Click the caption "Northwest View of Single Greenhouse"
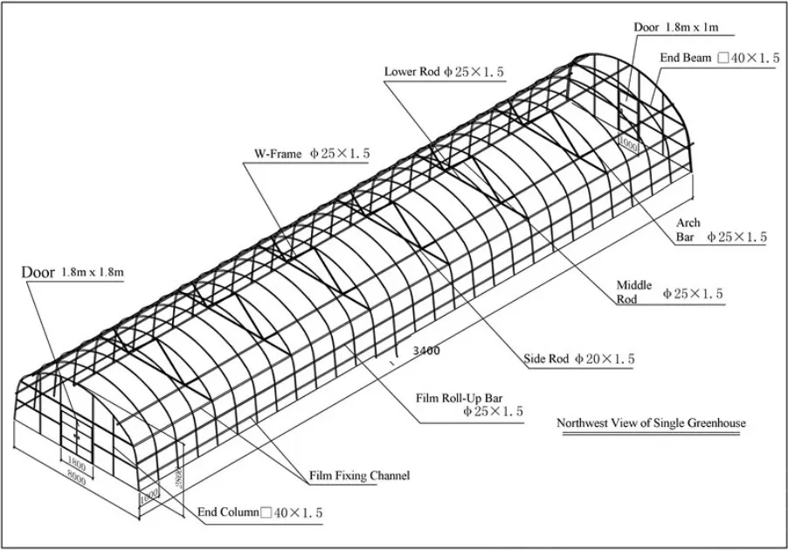tap(651, 424)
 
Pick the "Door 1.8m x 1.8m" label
tap(73, 272)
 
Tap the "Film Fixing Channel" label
tap(359, 477)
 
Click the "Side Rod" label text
tap(546, 359)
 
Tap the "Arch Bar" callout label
tap(689, 230)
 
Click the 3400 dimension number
tap(410, 351)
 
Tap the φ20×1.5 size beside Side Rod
tap(605, 359)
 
